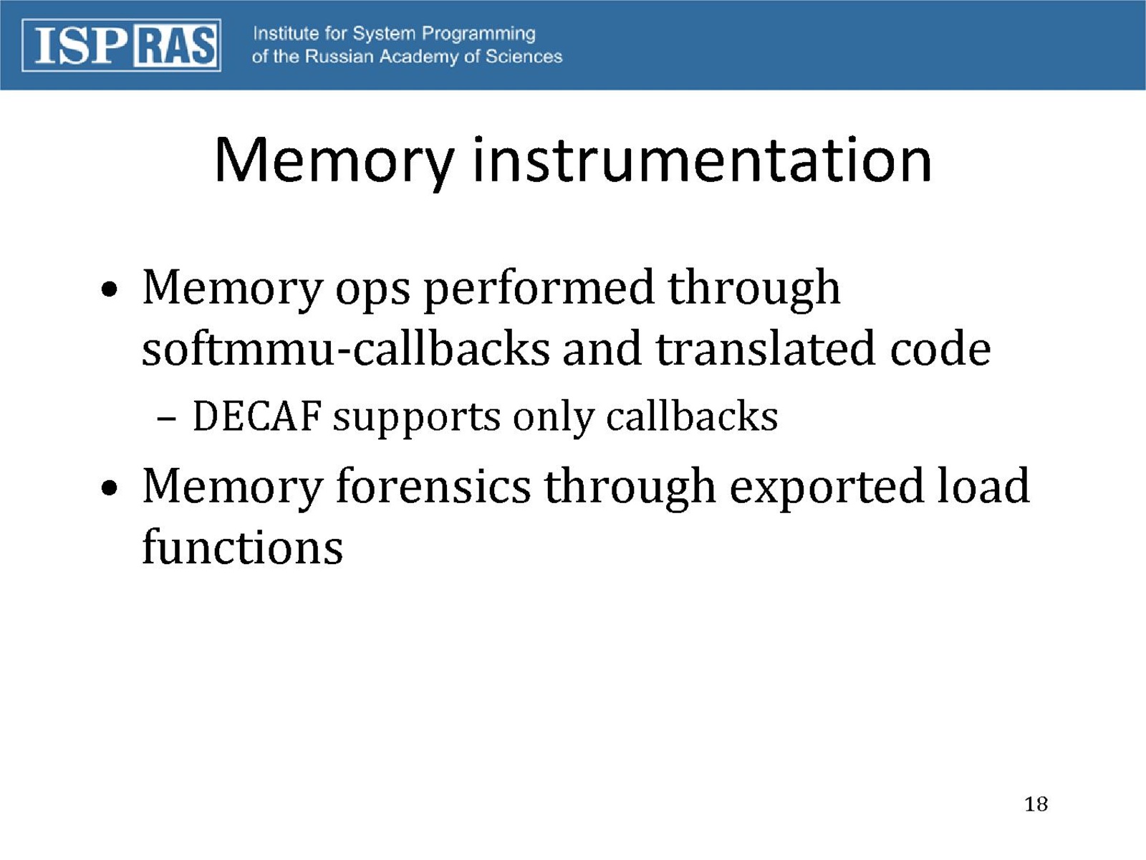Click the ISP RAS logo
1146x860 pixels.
(121, 45)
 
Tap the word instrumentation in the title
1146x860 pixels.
(702, 159)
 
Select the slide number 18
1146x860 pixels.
(1036, 804)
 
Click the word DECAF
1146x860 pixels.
(257, 416)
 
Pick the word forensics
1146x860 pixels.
(433, 486)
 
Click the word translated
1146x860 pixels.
(765, 348)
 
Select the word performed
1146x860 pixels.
(539, 290)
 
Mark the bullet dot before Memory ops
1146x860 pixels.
(109, 289)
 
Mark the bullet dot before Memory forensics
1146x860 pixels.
(109, 488)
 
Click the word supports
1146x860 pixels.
(417, 419)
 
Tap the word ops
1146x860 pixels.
(372, 293)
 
